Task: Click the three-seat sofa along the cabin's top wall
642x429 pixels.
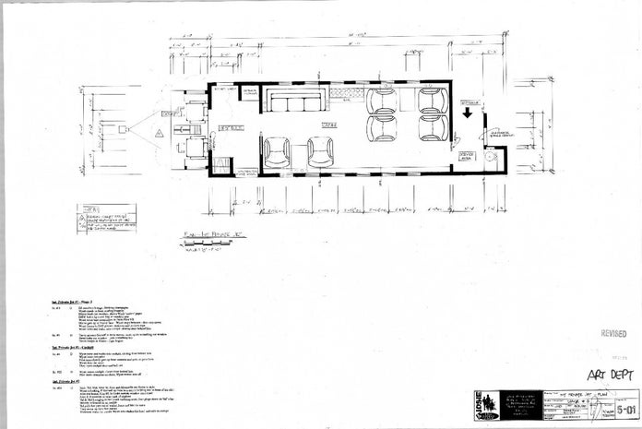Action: (x=294, y=101)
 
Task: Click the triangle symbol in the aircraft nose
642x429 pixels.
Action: (x=158, y=134)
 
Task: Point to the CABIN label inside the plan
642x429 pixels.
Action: (x=327, y=123)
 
